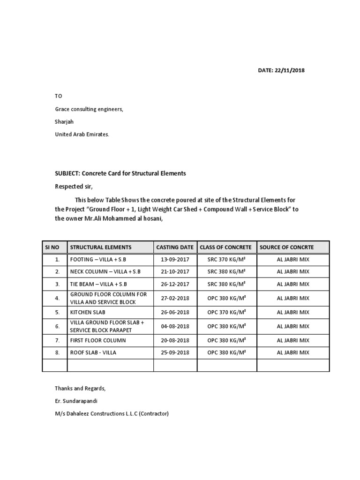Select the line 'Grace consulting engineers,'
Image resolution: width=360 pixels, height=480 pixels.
coord(89,109)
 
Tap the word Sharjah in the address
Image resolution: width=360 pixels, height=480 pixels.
coord(64,122)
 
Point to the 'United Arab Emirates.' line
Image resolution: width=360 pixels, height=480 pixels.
coord(82,134)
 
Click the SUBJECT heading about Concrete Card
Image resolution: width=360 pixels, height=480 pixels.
coord(120,173)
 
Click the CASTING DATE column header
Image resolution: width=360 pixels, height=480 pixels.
coord(175,247)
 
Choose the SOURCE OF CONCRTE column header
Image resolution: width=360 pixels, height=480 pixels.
coord(286,247)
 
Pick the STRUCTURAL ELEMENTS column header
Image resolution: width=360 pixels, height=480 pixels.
coord(101,247)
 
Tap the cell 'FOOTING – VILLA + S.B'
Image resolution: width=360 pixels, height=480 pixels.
coord(99,259)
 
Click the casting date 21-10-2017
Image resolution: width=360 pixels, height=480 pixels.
coord(175,271)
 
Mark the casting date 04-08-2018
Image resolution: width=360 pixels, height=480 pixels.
coord(175,326)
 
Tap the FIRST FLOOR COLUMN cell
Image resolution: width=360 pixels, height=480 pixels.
coord(98,340)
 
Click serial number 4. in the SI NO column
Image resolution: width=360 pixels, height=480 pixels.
coord(57,298)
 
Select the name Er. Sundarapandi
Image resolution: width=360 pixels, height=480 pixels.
coord(77,401)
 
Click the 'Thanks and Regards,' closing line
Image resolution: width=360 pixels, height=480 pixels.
coord(80,388)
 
